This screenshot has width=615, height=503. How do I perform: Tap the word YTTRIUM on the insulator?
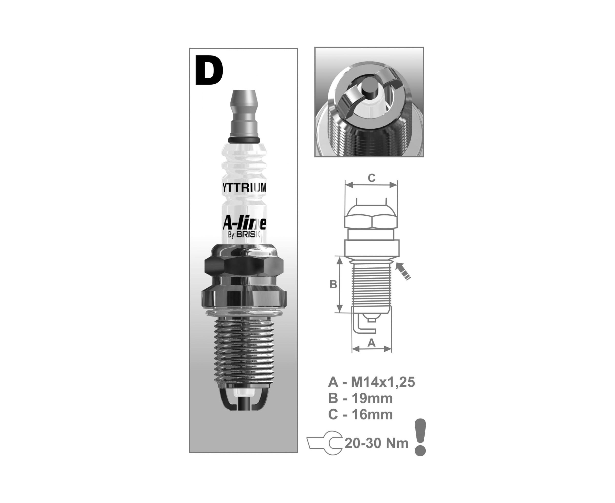[244, 188]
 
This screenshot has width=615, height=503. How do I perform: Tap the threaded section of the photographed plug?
[244, 352]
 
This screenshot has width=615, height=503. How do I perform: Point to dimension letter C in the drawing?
[372, 178]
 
